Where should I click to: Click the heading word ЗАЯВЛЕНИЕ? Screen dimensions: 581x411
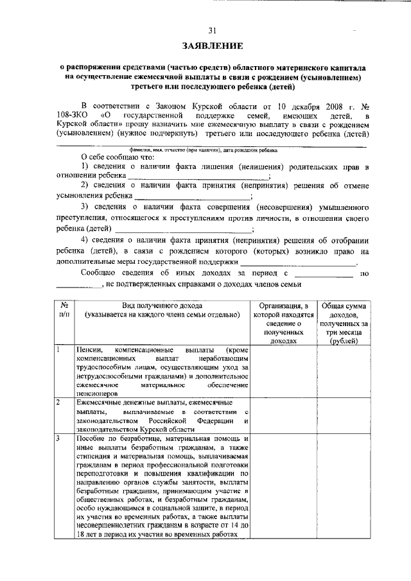click(x=212, y=46)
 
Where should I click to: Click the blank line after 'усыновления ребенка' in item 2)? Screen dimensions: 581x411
click(x=192, y=198)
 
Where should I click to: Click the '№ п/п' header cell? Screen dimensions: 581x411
click(x=64, y=310)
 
